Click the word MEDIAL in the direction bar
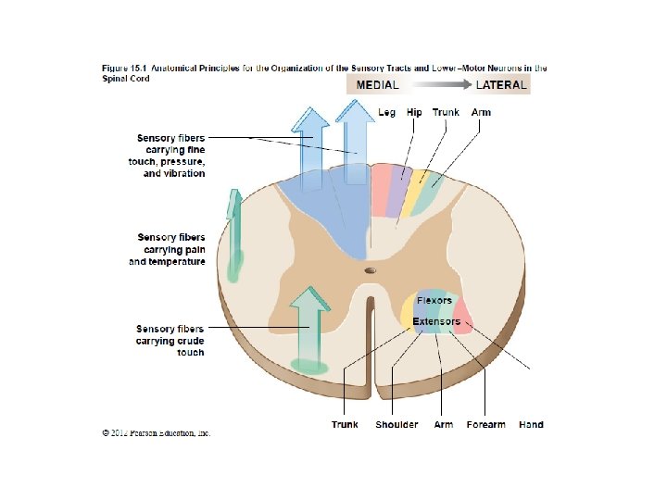click(377, 84)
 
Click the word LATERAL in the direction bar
click(501, 84)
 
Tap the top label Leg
click(387, 112)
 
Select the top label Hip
click(414, 112)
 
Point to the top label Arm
click(481, 112)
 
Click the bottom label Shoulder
click(396, 424)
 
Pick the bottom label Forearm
click(486, 424)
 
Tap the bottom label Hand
click(531, 424)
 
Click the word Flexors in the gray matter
click(434, 301)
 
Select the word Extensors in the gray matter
click(436, 321)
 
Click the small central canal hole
click(371, 270)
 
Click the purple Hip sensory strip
click(399, 192)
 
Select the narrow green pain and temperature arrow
click(234, 236)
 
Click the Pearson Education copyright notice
click(156, 432)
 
